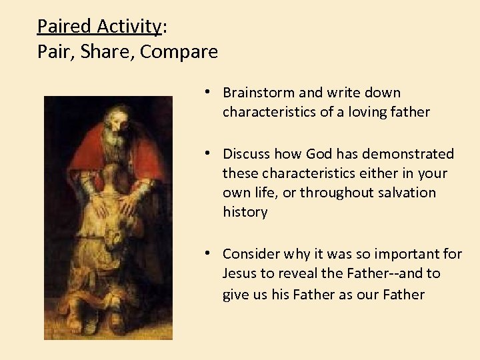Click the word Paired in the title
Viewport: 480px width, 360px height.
pyautogui.click(x=65, y=26)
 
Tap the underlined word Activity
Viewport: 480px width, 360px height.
pyautogui.click(x=129, y=26)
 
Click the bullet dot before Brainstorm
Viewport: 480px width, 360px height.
pyautogui.click(x=209, y=92)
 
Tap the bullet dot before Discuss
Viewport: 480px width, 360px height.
pyautogui.click(x=209, y=153)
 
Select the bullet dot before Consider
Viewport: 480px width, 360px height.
pyautogui.click(x=209, y=253)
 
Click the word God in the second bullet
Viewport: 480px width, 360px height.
pyautogui.click(x=319, y=154)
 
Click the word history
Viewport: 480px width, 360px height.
pyautogui.click(x=245, y=212)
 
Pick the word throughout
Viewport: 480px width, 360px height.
pyautogui.click(x=332, y=193)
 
